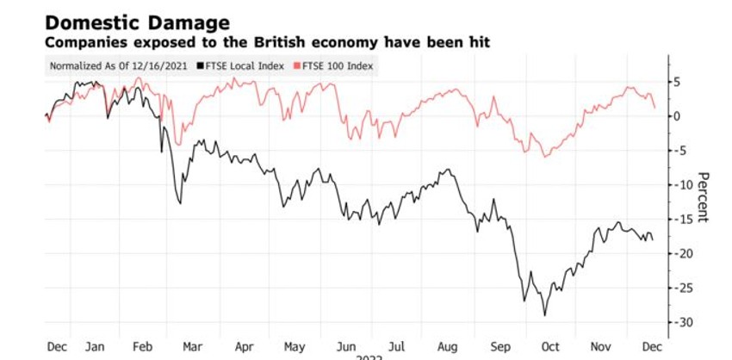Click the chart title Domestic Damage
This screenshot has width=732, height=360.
click(126, 22)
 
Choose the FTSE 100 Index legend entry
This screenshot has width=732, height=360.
click(337, 65)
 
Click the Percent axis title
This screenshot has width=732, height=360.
click(703, 196)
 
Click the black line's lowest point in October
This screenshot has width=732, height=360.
click(544, 315)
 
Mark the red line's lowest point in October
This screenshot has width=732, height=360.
click(545, 157)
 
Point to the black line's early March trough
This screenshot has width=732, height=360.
click(179, 203)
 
